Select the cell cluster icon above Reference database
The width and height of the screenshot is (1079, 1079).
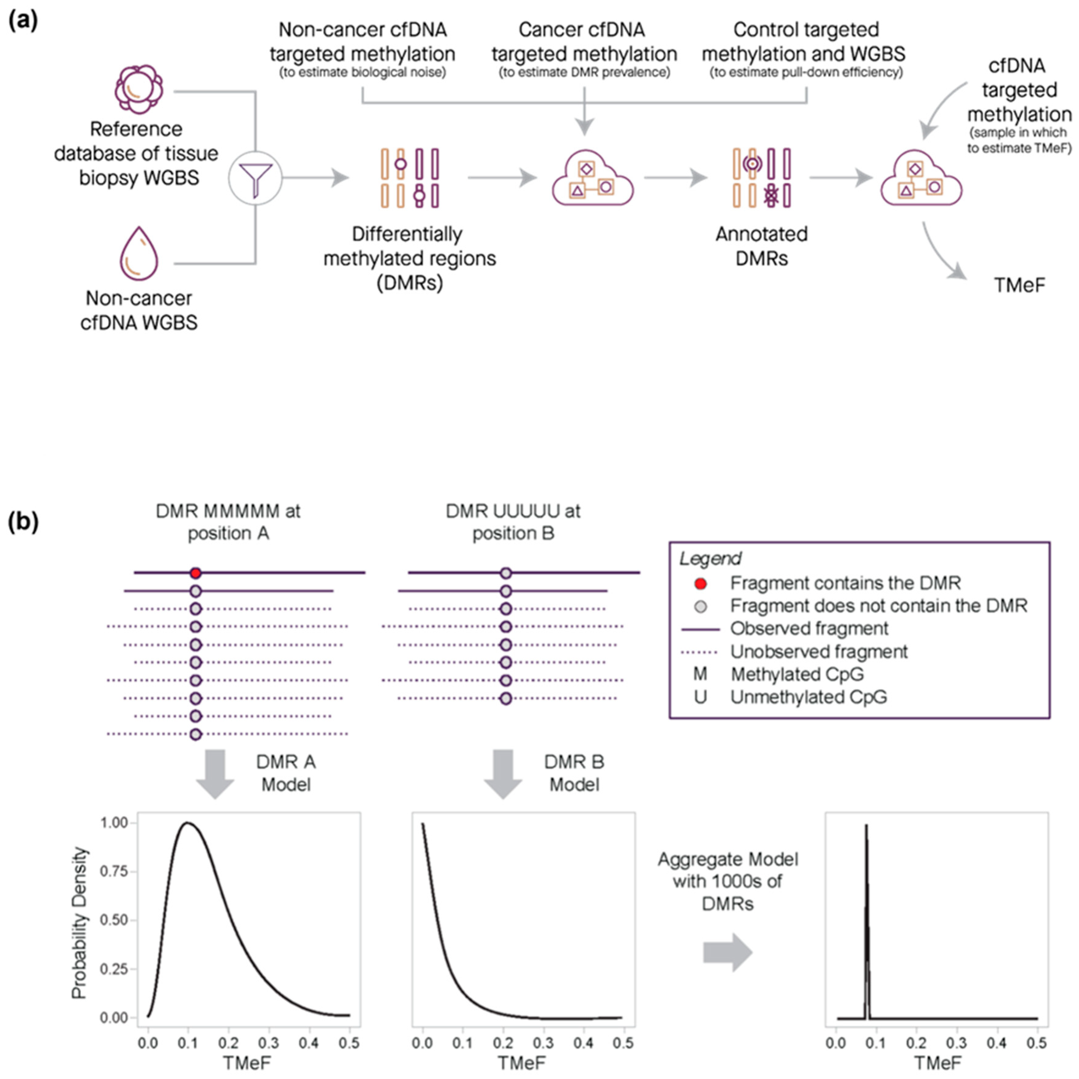(x=139, y=89)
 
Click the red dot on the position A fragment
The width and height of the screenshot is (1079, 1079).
(x=196, y=573)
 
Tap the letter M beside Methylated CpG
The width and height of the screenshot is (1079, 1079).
(x=700, y=674)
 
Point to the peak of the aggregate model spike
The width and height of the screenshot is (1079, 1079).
(x=866, y=825)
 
